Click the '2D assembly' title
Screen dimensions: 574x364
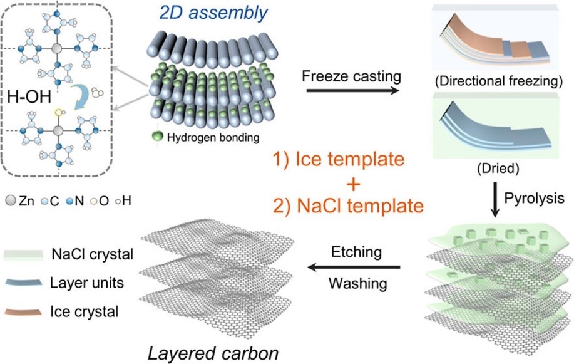[213, 13]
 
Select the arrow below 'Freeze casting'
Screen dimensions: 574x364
[352, 90]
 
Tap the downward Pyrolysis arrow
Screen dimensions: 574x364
[495, 199]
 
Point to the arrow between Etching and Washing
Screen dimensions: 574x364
[354, 268]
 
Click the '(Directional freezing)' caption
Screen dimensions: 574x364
[499, 81]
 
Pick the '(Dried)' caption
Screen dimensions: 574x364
[498, 168]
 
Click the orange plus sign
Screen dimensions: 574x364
[353, 184]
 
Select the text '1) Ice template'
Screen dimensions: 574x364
[339, 160]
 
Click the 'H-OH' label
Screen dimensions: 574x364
[29, 98]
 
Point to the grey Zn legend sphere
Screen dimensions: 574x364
[11, 200]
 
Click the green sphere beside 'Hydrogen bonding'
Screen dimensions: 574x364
[157, 137]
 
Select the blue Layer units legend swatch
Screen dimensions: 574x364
[23, 283]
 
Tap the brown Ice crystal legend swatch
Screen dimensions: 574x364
[23, 311]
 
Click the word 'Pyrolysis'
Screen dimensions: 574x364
[534, 199]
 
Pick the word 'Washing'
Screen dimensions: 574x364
[357, 284]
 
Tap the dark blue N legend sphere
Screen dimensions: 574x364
[69, 201]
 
